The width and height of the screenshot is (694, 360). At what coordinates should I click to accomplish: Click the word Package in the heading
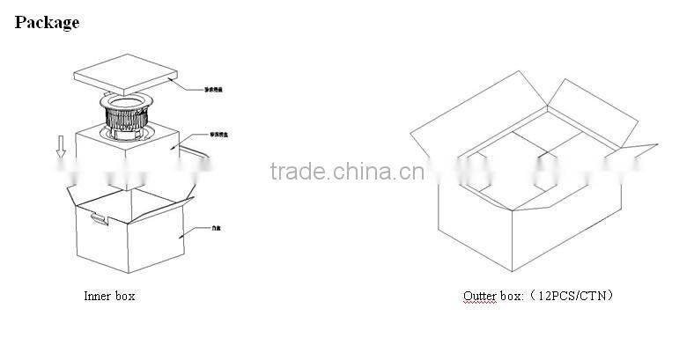point(47,23)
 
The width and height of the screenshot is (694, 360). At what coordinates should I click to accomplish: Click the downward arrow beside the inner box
point(61,151)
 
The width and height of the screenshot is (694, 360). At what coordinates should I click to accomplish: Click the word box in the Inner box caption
point(124,297)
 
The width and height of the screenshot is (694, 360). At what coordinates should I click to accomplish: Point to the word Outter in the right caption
point(480,297)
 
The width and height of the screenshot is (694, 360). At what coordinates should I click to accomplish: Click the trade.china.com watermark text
point(347,172)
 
